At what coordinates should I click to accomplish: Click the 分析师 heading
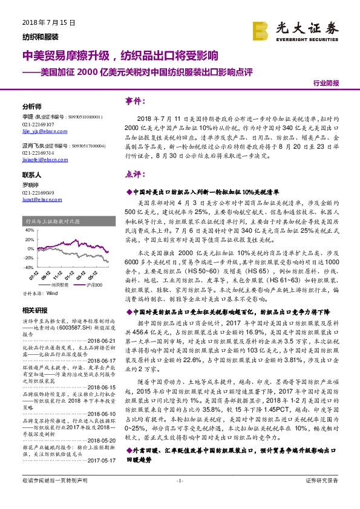tap(31, 105)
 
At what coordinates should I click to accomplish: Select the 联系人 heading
tap(31, 173)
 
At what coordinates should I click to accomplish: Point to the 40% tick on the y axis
tap(28, 230)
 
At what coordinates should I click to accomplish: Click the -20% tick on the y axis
tap(28, 258)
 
